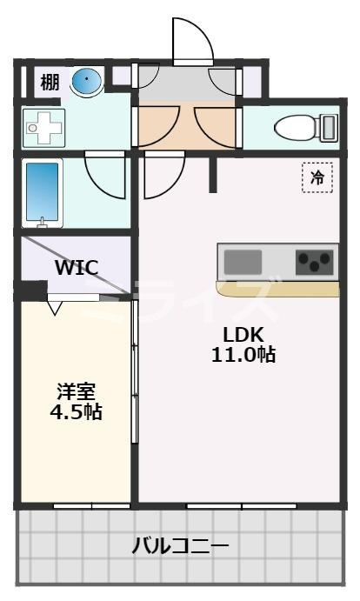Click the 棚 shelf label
50,83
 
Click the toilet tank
329,128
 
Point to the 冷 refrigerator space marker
317,177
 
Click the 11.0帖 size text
243,355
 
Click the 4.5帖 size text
76,411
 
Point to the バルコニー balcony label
180,546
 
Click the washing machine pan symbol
42,128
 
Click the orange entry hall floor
185,126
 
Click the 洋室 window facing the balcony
91,505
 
